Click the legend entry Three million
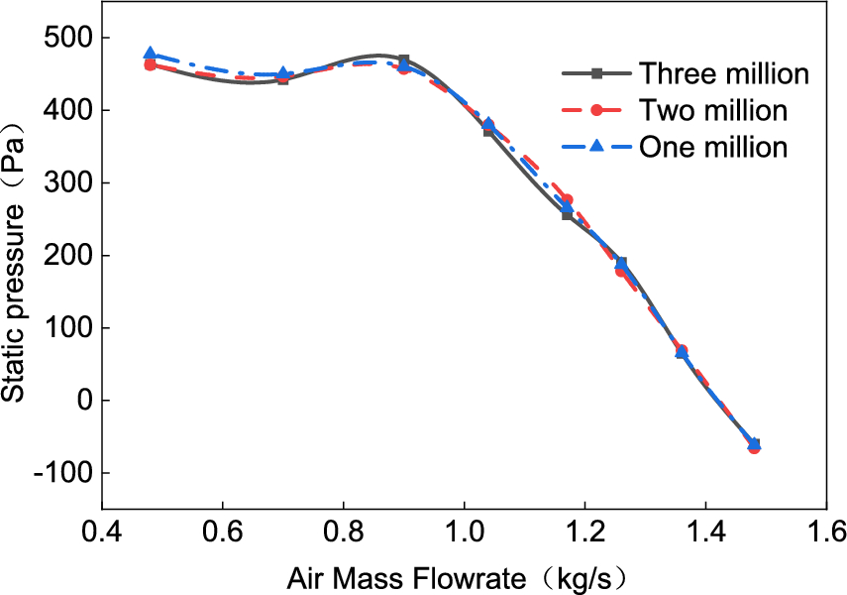(x=724, y=73)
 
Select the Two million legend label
(x=713, y=110)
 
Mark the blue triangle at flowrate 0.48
(x=151, y=54)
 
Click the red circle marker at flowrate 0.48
(x=151, y=65)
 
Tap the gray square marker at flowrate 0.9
(x=404, y=60)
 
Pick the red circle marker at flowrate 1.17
(x=567, y=199)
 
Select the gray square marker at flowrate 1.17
(x=567, y=214)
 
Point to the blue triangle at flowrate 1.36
(x=682, y=352)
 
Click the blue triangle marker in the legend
(x=596, y=147)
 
